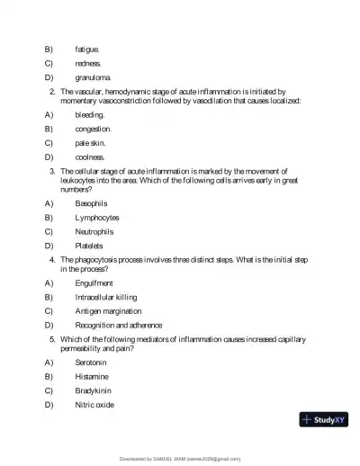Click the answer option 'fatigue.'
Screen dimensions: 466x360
[x=87, y=49]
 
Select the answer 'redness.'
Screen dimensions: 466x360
[x=88, y=63]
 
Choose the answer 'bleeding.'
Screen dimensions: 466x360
[x=90, y=115]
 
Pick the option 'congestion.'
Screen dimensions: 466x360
[x=94, y=129]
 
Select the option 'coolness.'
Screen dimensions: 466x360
[x=90, y=157]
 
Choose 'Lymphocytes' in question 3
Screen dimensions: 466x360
[x=97, y=218]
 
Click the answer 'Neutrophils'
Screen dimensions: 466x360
[x=95, y=231]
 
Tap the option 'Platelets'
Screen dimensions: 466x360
[x=89, y=246]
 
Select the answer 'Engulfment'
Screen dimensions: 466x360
[x=94, y=282]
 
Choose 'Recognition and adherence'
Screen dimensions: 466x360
[x=119, y=325]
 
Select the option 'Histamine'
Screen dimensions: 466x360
[x=92, y=376]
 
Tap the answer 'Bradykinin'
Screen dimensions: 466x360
[x=94, y=390]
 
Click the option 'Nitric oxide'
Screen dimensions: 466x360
[x=94, y=405]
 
